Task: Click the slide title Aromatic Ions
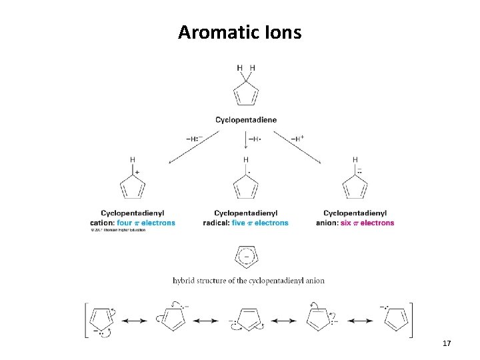[239, 31]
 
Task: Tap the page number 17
[447, 343]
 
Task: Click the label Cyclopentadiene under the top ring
[246, 120]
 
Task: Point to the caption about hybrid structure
[248, 281]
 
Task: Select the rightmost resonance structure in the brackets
[396, 318]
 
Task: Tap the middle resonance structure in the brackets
[248, 319]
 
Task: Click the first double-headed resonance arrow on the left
[134, 321]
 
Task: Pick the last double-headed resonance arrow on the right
[359, 321]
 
